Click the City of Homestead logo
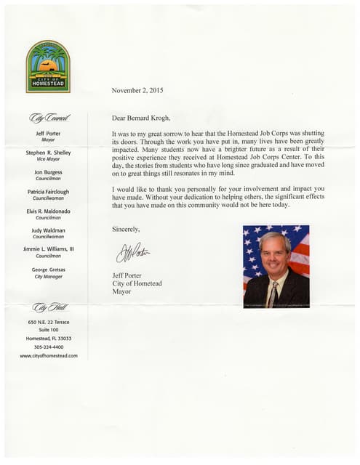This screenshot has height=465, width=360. (x=48, y=66)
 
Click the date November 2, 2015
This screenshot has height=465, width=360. (x=141, y=91)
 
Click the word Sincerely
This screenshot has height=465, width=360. (x=127, y=228)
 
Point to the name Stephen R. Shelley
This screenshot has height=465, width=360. (x=49, y=153)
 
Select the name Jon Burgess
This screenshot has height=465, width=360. (x=49, y=172)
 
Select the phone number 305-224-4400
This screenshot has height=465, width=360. (x=49, y=347)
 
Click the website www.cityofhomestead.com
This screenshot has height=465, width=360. (x=49, y=356)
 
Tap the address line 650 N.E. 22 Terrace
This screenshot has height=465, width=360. (x=49, y=322)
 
